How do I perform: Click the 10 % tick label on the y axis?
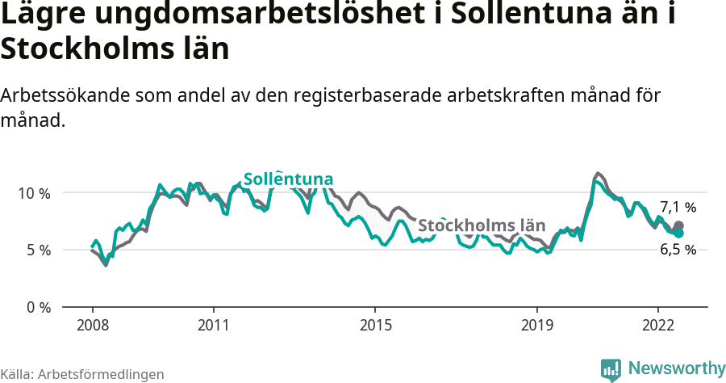[x=34, y=193]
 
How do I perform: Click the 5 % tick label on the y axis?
[x=37, y=250]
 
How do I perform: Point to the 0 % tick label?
[x=37, y=308]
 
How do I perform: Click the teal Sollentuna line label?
[x=288, y=179]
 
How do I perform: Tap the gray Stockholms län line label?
[x=482, y=225]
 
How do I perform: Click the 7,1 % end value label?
[x=678, y=207]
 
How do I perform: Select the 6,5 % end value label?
[x=678, y=250]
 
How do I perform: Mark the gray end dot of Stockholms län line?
[x=678, y=226]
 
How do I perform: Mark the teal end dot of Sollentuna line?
[x=678, y=233]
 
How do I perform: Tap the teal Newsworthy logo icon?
[x=611, y=369]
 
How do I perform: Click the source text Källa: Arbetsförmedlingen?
[x=82, y=374]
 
